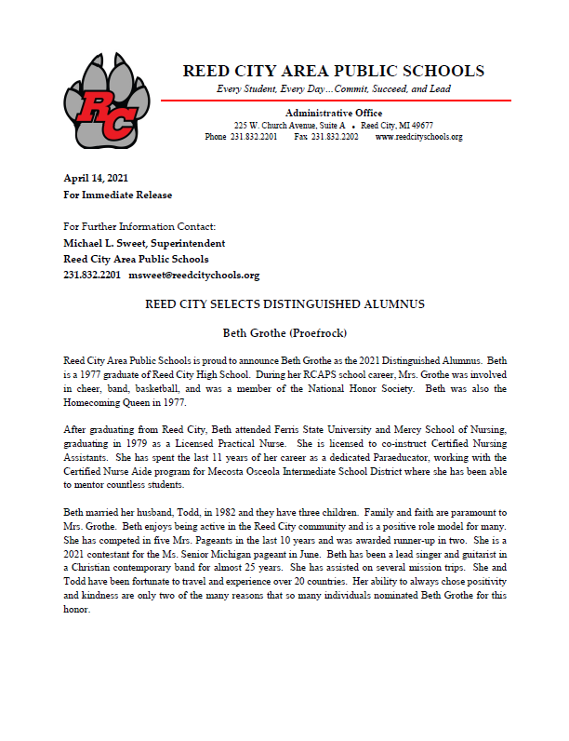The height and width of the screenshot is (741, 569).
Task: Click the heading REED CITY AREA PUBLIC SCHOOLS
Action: click(x=333, y=71)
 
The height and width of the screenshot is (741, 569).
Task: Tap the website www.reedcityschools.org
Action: click(x=418, y=137)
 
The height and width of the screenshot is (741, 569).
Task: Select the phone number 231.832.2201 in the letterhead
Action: click(x=255, y=137)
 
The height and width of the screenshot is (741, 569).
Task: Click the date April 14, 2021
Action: click(x=96, y=177)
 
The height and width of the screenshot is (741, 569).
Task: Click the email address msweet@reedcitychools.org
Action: click(x=193, y=275)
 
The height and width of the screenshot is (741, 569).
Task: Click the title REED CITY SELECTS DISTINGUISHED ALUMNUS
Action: click(x=284, y=304)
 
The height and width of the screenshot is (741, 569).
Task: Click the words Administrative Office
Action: click(x=333, y=112)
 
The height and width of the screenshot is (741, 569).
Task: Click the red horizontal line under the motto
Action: click(x=336, y=100)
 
